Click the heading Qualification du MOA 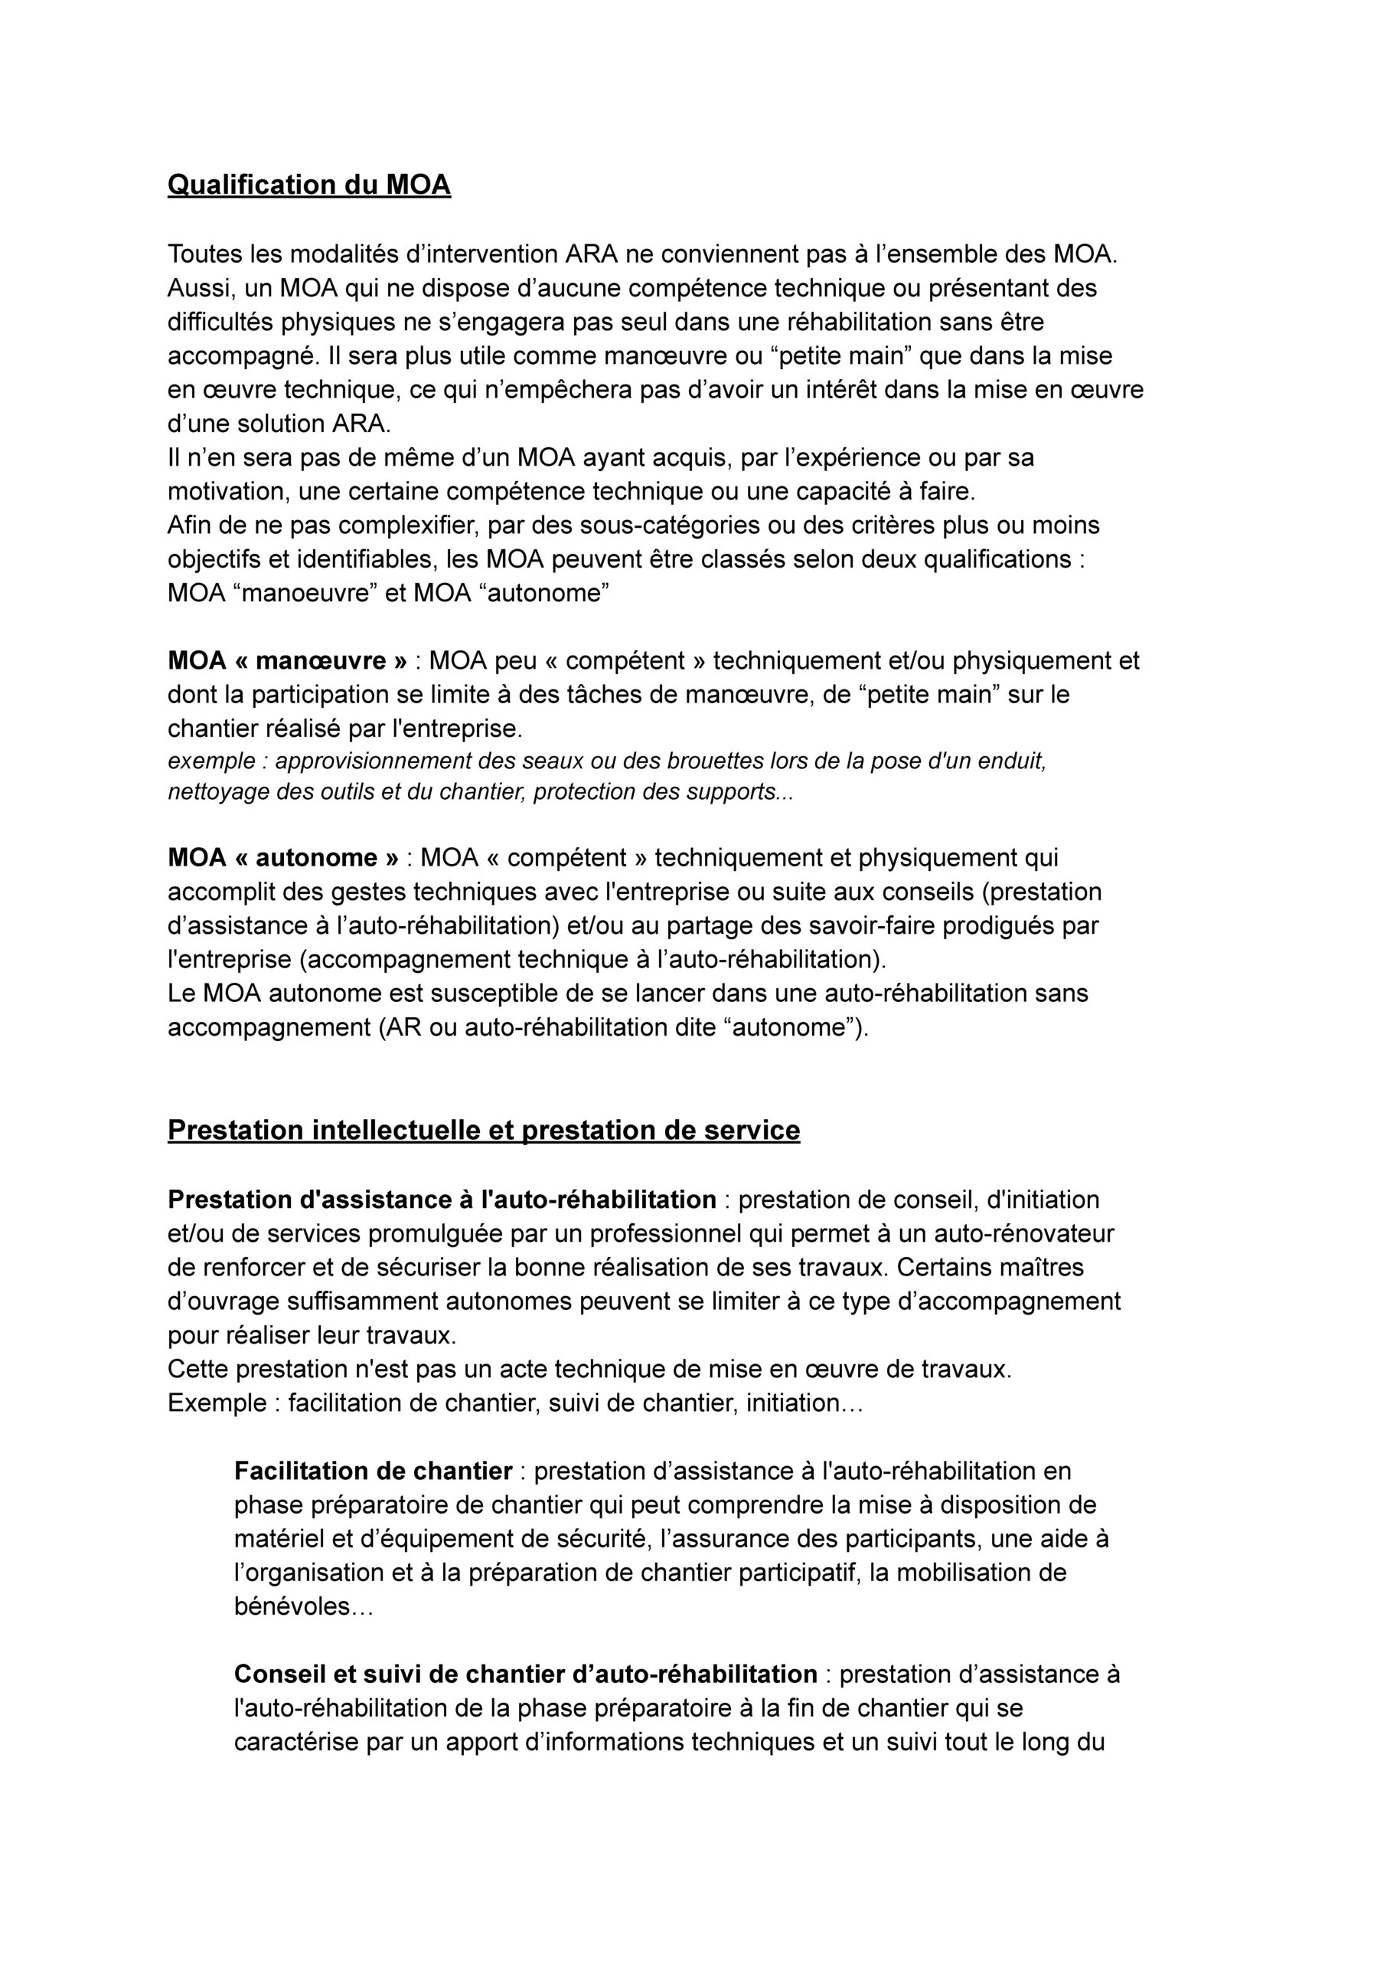pos(308,185)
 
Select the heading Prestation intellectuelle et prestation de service pos(484,1130)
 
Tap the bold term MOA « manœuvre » pos(288,660)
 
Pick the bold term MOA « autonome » pos(283,857)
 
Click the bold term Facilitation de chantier pos(374,1471)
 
